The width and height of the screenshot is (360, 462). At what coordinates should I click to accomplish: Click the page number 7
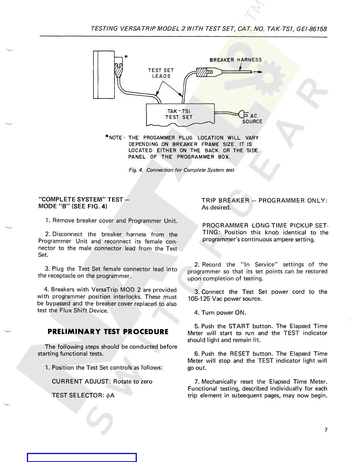[326, 430]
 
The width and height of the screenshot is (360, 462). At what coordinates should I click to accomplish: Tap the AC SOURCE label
[252, 119]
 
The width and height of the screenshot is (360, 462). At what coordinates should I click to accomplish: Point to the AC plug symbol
[242, 113]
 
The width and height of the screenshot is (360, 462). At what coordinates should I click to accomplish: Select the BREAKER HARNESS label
[236, 60]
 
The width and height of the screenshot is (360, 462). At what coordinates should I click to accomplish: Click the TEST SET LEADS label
[161, 73]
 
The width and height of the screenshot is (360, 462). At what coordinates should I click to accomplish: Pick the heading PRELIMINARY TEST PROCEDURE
[108, 332]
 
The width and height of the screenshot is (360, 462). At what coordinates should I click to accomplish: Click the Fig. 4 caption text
[181, 170]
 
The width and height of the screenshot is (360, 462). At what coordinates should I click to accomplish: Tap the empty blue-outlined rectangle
[82, 457]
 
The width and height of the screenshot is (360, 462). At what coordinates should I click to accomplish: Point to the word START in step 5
[239, 326]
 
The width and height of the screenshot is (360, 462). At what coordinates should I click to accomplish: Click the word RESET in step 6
[240, 354]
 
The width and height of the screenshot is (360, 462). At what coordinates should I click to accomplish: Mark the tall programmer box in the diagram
[101, 74]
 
